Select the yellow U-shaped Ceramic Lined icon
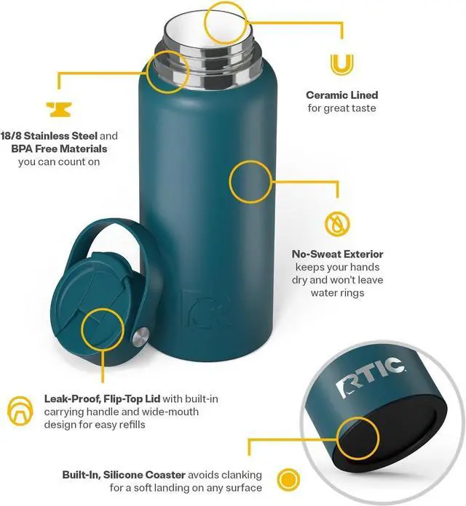coord(339,65)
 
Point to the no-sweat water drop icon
coord(336,223)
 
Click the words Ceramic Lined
coord(341,95)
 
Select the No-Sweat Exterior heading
coord(337,254)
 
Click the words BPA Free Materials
coord(59,148)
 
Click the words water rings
coord(337,293)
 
